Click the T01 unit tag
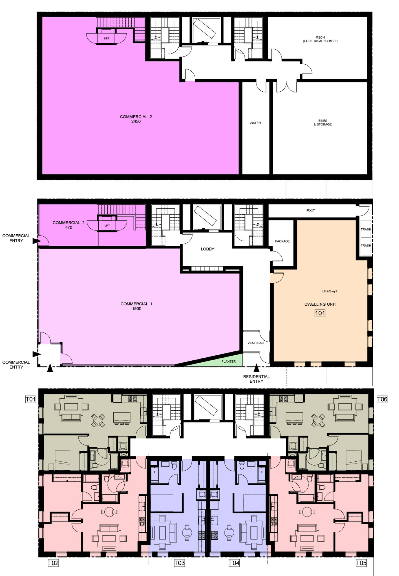(x=31, y=399)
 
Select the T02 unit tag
(x=53, y=563)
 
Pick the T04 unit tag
(x=234, y=563)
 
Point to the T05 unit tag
(x=361, y=563)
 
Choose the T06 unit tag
(x=382, y=399)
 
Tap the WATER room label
(x=255, y=123)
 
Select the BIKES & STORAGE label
(x=323, y=122)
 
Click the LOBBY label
(x=207, y=249)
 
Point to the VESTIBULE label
(x=256, y=343)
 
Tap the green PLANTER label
(x=229, y=361)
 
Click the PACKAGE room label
(x=282, y=241)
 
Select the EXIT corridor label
(x=311, y=211)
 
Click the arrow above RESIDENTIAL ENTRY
(x=256, y=368)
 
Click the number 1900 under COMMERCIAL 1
(x=137, y=308)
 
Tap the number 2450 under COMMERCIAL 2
(x=136, y=121)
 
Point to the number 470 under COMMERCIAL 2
(x=69, y=227)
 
